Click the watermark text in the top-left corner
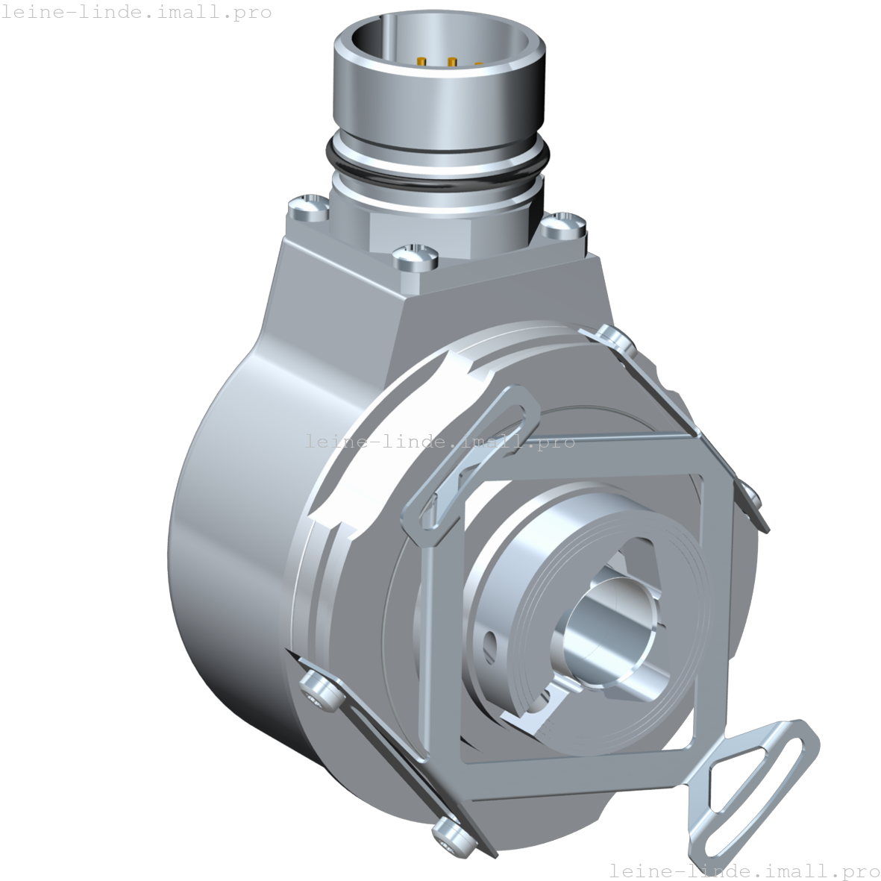(136, 13)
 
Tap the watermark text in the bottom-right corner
(744, 870)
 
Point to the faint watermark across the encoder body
(439, 442)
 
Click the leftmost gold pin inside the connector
(422, 62)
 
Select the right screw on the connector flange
(565, 223)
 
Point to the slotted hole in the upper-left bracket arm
(477, 455)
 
